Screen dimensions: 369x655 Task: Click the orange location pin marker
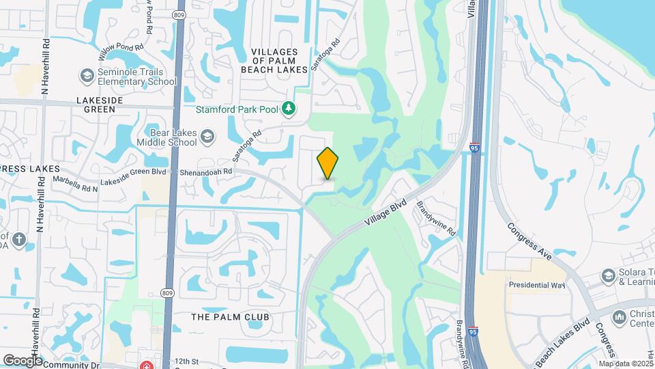328,163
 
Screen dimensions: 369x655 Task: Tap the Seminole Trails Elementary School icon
87,74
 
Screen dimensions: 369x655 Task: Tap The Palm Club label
230,317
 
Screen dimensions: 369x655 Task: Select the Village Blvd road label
385,213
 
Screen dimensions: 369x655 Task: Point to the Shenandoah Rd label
207,172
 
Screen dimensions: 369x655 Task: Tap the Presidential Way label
537,285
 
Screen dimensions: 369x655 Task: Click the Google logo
23,360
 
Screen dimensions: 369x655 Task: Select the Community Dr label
72,365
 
